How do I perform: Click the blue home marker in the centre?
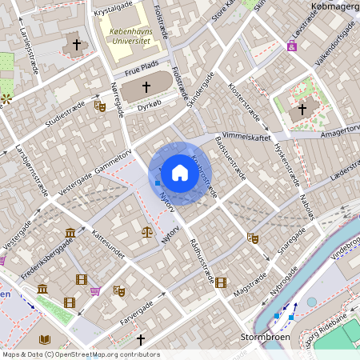(179, 173)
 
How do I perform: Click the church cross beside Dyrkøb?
(146, 86)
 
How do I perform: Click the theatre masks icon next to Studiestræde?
(99, 105)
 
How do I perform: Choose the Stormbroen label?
(263, 338)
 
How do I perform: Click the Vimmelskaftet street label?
(247, 137)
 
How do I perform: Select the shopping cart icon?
(95, 290)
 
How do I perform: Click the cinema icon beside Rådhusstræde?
(221, 282)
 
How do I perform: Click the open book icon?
(44, 340)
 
